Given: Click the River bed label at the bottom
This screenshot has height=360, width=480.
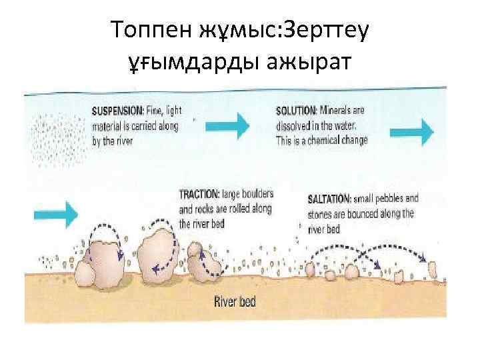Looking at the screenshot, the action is [x=234, y=301].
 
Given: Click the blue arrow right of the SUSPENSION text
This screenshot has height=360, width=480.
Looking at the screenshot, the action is [x=233, y=123].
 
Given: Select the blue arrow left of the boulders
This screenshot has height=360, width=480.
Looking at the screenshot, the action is [x=56, y=213].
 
